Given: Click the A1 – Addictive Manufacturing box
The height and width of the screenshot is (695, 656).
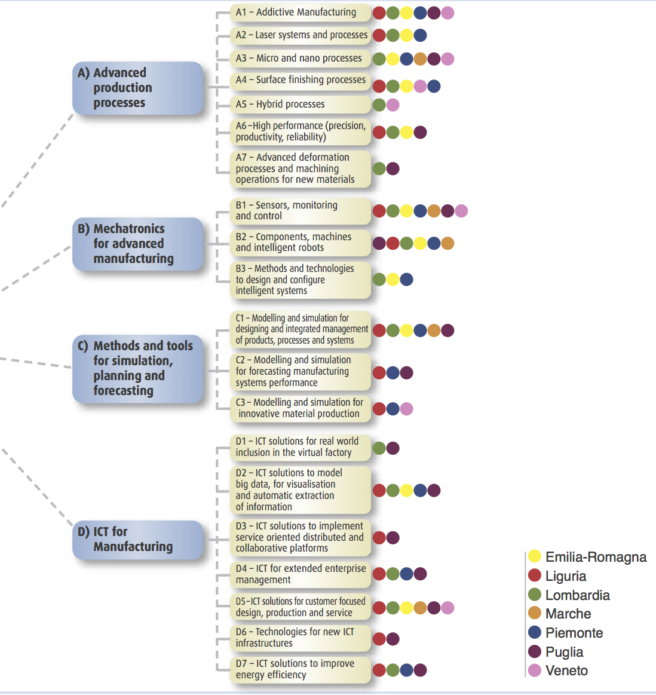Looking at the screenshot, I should (x=300, y=13).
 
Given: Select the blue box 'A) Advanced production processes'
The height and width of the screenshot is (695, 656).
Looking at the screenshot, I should (x=138, y=88).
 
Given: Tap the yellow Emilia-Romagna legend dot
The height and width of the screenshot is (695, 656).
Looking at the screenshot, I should (x=535, y=556).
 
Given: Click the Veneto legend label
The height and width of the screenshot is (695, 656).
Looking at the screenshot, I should (x=566, y=670).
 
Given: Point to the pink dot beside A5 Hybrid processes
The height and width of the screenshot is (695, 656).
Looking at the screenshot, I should (x=393, y=105).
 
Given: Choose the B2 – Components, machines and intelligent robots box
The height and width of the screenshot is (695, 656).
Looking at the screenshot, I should (x=300, y=243).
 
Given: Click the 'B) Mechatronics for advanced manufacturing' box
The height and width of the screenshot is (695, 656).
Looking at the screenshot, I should (x=138, y=244).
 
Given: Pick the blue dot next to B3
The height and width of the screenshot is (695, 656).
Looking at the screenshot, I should (x=406, y=279).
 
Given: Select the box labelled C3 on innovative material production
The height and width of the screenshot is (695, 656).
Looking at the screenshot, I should (x=300, y=408).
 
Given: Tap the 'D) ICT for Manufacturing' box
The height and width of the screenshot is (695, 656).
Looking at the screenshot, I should (x=138, y=539).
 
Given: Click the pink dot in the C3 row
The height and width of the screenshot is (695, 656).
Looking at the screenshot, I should (x=406, y=409).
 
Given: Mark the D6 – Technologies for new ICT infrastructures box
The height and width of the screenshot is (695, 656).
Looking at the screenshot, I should (x=300, y=638).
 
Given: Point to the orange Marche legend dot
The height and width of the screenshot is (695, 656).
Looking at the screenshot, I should (x=535, y=613).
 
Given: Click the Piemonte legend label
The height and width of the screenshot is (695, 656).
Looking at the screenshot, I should (x=574, y=633).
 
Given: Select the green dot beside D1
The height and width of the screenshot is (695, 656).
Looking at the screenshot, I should (x=379, y=448).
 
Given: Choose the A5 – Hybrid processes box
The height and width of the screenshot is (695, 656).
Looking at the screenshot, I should (x=300, y=105).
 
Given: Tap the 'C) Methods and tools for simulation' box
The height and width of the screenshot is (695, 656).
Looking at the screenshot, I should (x=138, y=368).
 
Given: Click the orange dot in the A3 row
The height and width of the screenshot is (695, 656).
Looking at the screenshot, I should (x=420, y=59).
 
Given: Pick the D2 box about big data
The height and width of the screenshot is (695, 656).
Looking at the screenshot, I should (x=300, y=490).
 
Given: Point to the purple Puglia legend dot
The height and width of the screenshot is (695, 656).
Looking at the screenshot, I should (x=535, y=651).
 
